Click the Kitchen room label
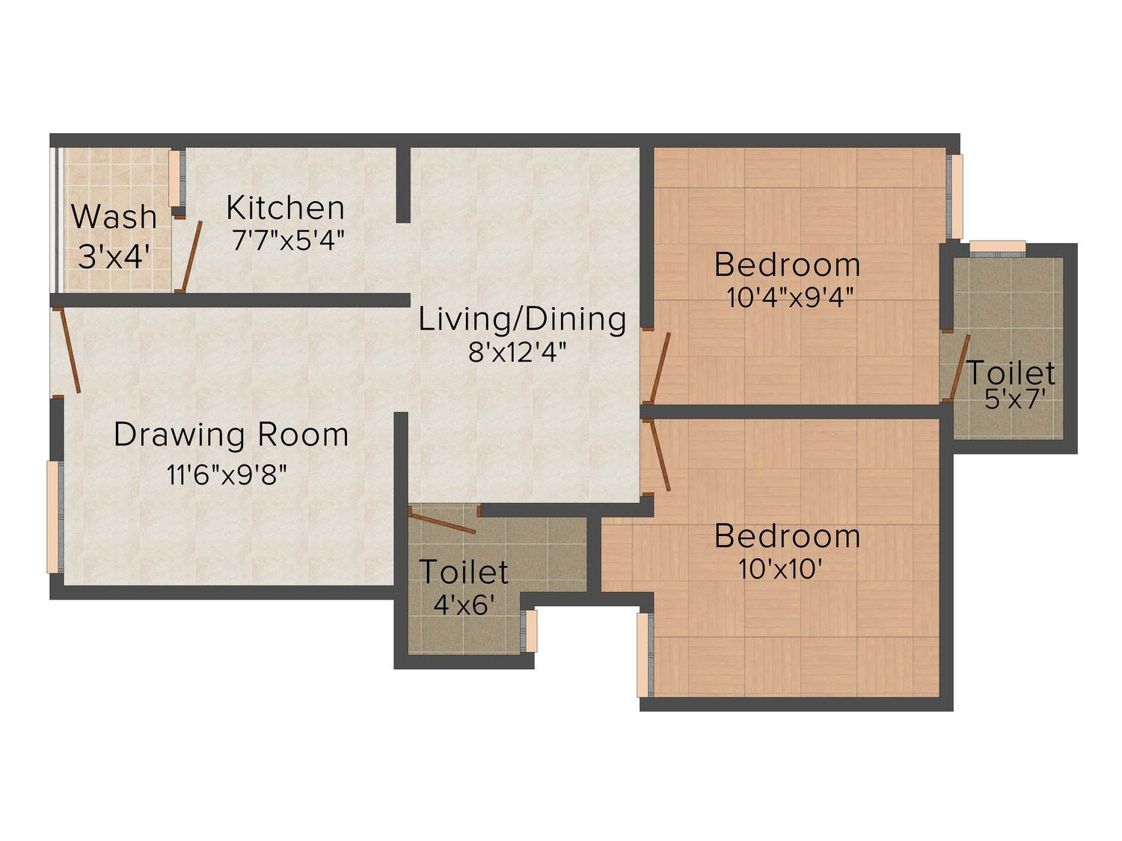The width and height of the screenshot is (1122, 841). (285, 208)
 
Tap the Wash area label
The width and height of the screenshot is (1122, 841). (114, 217)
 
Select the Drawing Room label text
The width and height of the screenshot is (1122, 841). (231, 435)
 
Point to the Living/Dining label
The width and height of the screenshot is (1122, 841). (522, 320)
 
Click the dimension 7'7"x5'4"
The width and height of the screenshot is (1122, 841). (288, 240)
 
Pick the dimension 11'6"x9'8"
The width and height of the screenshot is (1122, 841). (227, 475)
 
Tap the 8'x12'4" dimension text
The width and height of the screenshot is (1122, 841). (518, 352)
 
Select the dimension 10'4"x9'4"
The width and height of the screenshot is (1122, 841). (790, 298)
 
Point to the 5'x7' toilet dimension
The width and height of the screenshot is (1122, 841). (1011, 399)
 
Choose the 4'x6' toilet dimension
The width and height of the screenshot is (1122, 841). (464, 605)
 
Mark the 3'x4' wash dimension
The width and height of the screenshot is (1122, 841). (114, 257)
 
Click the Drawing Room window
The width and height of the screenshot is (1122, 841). (55, 517)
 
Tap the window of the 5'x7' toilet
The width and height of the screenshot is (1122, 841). (997, 247)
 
